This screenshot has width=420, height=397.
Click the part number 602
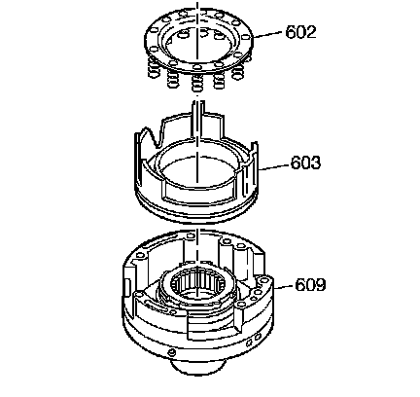click(x=300, y=32)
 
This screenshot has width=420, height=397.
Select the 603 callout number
click(x=305, y=162)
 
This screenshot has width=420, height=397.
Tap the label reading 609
click(x=310, y=285)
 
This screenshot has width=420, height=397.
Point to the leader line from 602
click(x=268, y=35)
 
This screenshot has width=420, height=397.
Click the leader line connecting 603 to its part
click(x=273, y=166)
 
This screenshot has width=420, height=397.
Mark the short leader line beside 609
click(x=284, y=287)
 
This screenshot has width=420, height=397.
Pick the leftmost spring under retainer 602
click(x=155, y=67)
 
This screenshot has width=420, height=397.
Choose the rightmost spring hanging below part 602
click(x=238, y=71)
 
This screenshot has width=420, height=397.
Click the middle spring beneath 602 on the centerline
click(x=196, y=82)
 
